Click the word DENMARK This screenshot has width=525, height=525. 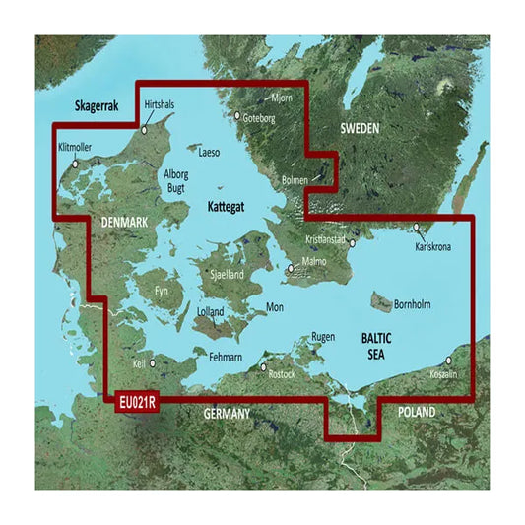124,225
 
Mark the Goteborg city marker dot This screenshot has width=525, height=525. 236,116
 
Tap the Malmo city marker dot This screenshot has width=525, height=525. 289,267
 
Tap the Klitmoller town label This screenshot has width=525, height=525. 77,148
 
